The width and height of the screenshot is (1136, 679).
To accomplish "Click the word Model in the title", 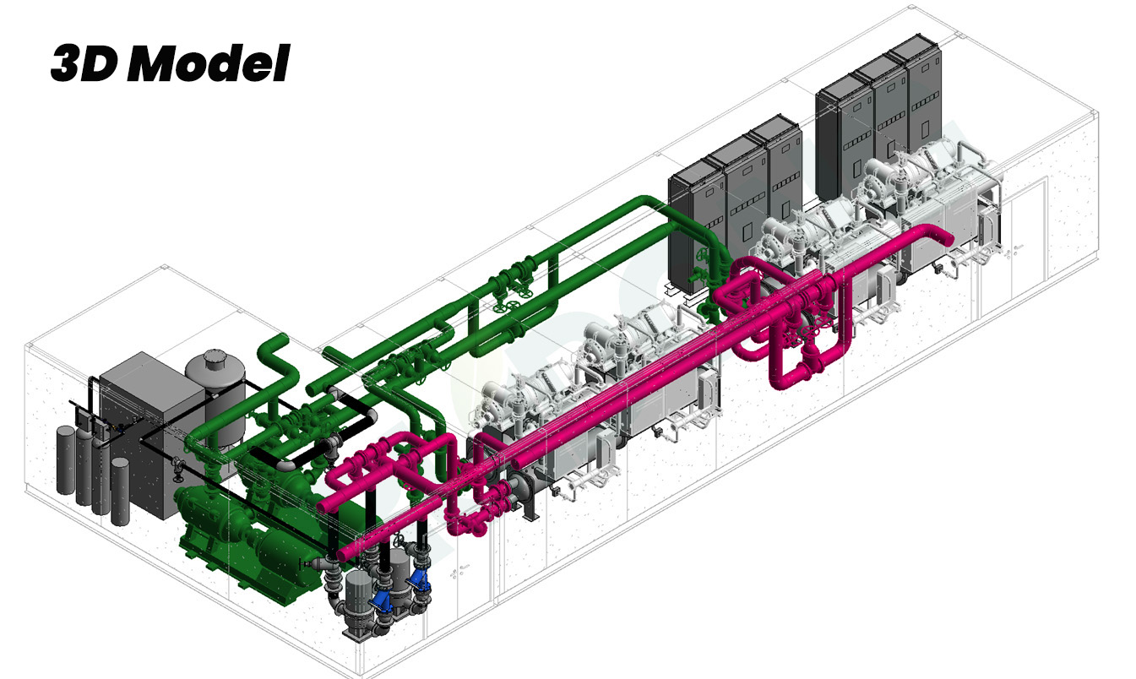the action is (208, 62).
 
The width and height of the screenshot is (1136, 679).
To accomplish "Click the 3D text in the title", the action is (84, 62).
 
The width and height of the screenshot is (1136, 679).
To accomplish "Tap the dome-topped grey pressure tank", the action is (216, 395).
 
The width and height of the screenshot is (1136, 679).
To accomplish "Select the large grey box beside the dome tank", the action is (147, 431).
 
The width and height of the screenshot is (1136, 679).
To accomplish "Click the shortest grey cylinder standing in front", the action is (120, 491).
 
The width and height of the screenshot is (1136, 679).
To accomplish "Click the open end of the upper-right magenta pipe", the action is (943, 237).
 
